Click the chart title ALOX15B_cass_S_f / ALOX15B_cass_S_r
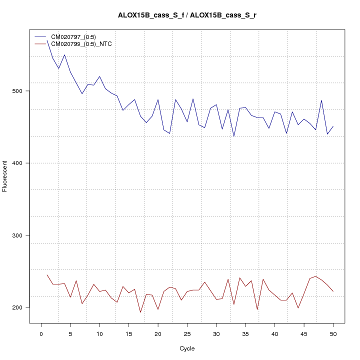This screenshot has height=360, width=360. tap(187, 15)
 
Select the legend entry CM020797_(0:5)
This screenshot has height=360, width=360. tap(77, 36)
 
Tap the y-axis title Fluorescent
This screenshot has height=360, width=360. tap(5, 176)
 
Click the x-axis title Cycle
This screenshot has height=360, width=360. tap(187, 348)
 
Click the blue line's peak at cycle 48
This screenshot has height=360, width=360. tap(321, 100)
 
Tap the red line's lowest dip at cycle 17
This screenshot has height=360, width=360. tap(140, 312)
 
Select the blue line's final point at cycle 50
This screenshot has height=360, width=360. tap(333, 126)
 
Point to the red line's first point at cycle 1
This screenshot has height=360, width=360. tap(47, 274)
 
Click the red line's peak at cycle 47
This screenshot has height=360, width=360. tap(315, 276)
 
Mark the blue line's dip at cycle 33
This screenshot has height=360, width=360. tap(234, 136)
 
